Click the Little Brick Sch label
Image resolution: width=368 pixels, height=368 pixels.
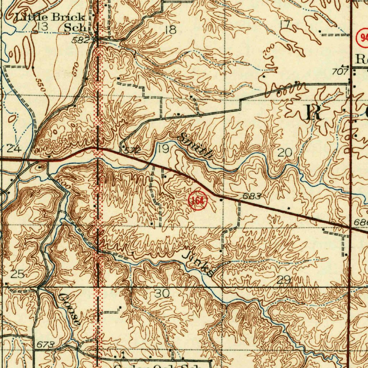pyautogui.click(x=50, y=22)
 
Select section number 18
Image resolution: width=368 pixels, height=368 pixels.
pyautogui.click(x=171, y=30)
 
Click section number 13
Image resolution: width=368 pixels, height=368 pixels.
pyautogui.click(x=42, y=26)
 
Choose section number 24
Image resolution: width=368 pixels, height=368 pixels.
pyautogui.click(x=14, y=148)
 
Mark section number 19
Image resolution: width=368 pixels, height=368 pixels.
pyautogui.click(x=164, y=149)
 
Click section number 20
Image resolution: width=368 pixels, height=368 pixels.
pyautogui.click(x=285, y=153)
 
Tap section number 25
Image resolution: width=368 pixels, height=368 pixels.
pyautogui.click(x=17, y=275)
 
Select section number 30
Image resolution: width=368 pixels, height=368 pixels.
pyautogui.click(x=162, y=294)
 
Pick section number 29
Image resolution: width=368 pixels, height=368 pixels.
pyautogui.click(x=284, y=280)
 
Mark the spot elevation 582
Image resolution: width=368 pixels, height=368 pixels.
pyautogui.click(x=80, y=40)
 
